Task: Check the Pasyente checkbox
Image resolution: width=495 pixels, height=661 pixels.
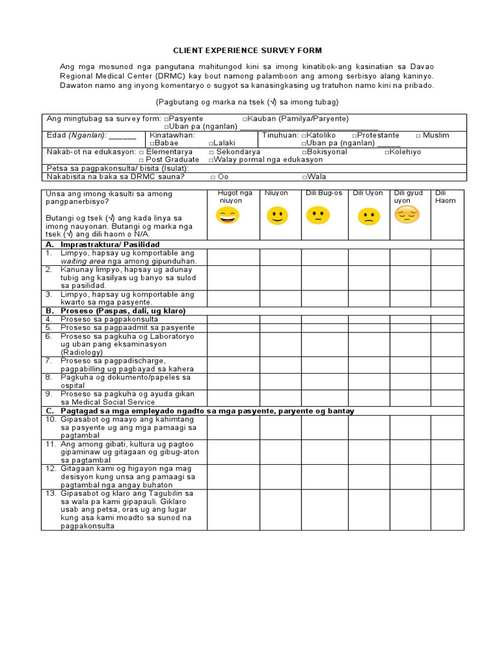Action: tap(166, 119)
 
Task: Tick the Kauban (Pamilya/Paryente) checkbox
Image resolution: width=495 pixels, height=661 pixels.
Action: tap(246, 119)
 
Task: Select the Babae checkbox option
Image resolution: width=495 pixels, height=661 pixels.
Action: tap(151, 143)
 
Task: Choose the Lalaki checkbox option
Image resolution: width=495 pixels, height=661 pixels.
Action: tap(211, 143)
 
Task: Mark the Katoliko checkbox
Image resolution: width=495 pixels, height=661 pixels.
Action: tap(303, 136)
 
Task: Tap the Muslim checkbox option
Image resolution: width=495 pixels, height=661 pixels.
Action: tap(418, 136)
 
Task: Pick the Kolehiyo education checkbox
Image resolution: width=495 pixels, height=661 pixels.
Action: tap(387, 152)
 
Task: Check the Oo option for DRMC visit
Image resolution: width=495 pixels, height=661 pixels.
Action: tap(213, 177)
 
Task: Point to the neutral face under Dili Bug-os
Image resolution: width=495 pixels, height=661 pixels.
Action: tap(316, 216)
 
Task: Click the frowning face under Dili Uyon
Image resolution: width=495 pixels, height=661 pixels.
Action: tap(368, 217)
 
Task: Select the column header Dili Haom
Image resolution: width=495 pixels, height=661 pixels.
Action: tap(445, 197)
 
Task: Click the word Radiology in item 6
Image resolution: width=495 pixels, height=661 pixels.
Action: tap(81, 352)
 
